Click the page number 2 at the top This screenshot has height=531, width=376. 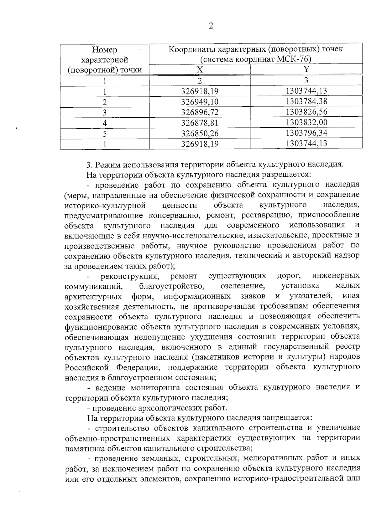click(x=211, y=26)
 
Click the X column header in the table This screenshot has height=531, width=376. click(x=200, y=69)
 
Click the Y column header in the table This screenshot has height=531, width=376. click(x=306, y=69)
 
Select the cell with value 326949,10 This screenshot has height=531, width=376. click(x=200, y=102)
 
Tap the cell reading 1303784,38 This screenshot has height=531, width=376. click(x=306, y=101)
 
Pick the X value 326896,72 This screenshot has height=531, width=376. click(x=200, y=112)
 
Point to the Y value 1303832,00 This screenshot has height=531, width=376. click(x=306, y=122)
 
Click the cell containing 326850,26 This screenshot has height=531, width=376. click(x=200, y=133)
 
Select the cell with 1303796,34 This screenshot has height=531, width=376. click(x=306, y=133)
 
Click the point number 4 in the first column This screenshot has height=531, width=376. click(x=105, y=123)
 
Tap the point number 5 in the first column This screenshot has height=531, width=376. click(x=105, y=134)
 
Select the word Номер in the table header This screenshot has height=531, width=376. click(x=105, y=50)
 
